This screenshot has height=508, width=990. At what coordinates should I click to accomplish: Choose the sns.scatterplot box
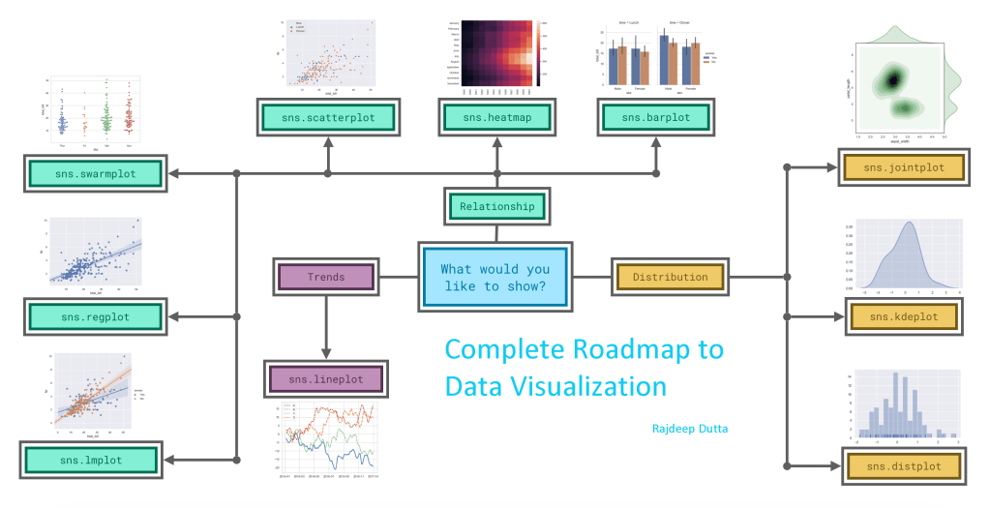click(x=328, y=118)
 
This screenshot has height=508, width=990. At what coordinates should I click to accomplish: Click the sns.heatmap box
click(x=496, y=118)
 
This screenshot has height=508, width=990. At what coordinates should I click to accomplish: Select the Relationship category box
click(x=496, y=206)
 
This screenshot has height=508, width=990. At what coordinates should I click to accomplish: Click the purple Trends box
click(x=326, y=277)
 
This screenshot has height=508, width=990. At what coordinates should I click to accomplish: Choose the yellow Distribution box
click(x=670, y=278)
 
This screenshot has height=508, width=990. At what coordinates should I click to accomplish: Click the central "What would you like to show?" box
click(x=495, y=278)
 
